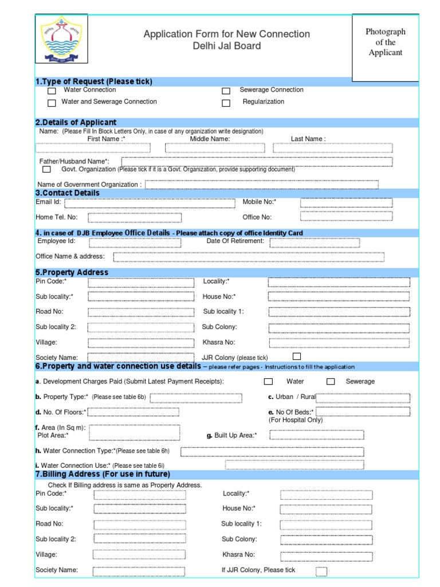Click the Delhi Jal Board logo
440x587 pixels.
coord(62,40)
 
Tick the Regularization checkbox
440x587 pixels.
coord(226,103)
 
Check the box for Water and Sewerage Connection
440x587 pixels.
coord(52,103)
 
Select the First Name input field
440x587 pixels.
coord(93,148)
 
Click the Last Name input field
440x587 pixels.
coord(332,148)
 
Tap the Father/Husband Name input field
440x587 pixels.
coord(257,162)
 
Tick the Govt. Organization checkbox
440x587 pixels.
coord(46,170)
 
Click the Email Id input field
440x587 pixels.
coord(150,203)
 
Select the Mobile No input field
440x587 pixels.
coord(347,203)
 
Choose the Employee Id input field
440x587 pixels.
coord(134,242)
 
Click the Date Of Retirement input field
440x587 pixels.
coord(315,242)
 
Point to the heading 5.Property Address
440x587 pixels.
coord(72,272)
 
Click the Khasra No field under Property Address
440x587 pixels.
coord(339,343)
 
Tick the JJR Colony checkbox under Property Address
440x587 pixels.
coord(297,356)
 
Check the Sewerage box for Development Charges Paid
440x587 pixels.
coord(331,382)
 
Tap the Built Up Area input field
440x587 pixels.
coord(315,435)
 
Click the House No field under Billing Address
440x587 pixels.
coord(326,509)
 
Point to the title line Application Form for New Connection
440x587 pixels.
coord(226,34)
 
